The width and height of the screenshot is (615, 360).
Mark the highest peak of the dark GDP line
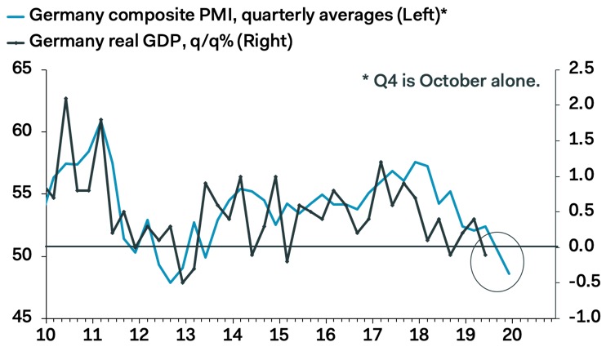pos(65,98)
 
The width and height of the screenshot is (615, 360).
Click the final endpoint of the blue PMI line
pos(509,273)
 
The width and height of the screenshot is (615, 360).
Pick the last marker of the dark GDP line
pos(486,255)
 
